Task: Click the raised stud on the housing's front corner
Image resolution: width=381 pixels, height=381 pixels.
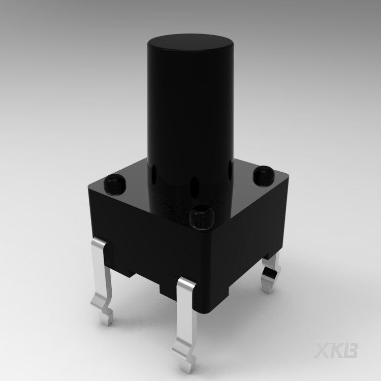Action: (x=200, y=217)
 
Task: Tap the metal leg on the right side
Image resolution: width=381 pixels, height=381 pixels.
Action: (x=270, y=274)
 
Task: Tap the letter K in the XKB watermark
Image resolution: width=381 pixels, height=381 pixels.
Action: (x=339, y=351)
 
